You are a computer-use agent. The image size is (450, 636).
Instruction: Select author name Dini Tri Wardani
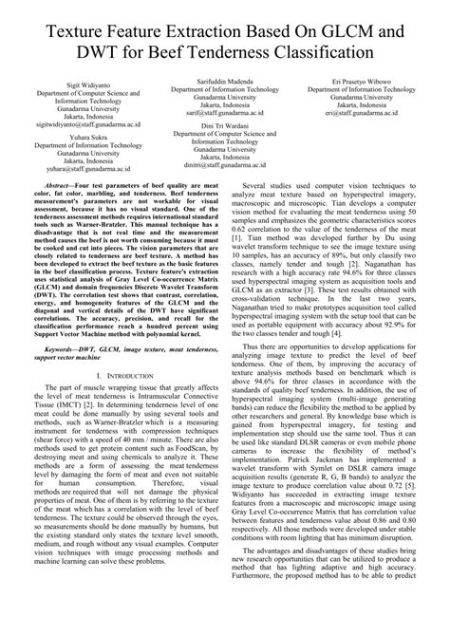pyautogui.click(x=224, y=126)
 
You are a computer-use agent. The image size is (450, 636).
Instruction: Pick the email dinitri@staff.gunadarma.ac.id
pyautogui.click(x=224, y=165)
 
